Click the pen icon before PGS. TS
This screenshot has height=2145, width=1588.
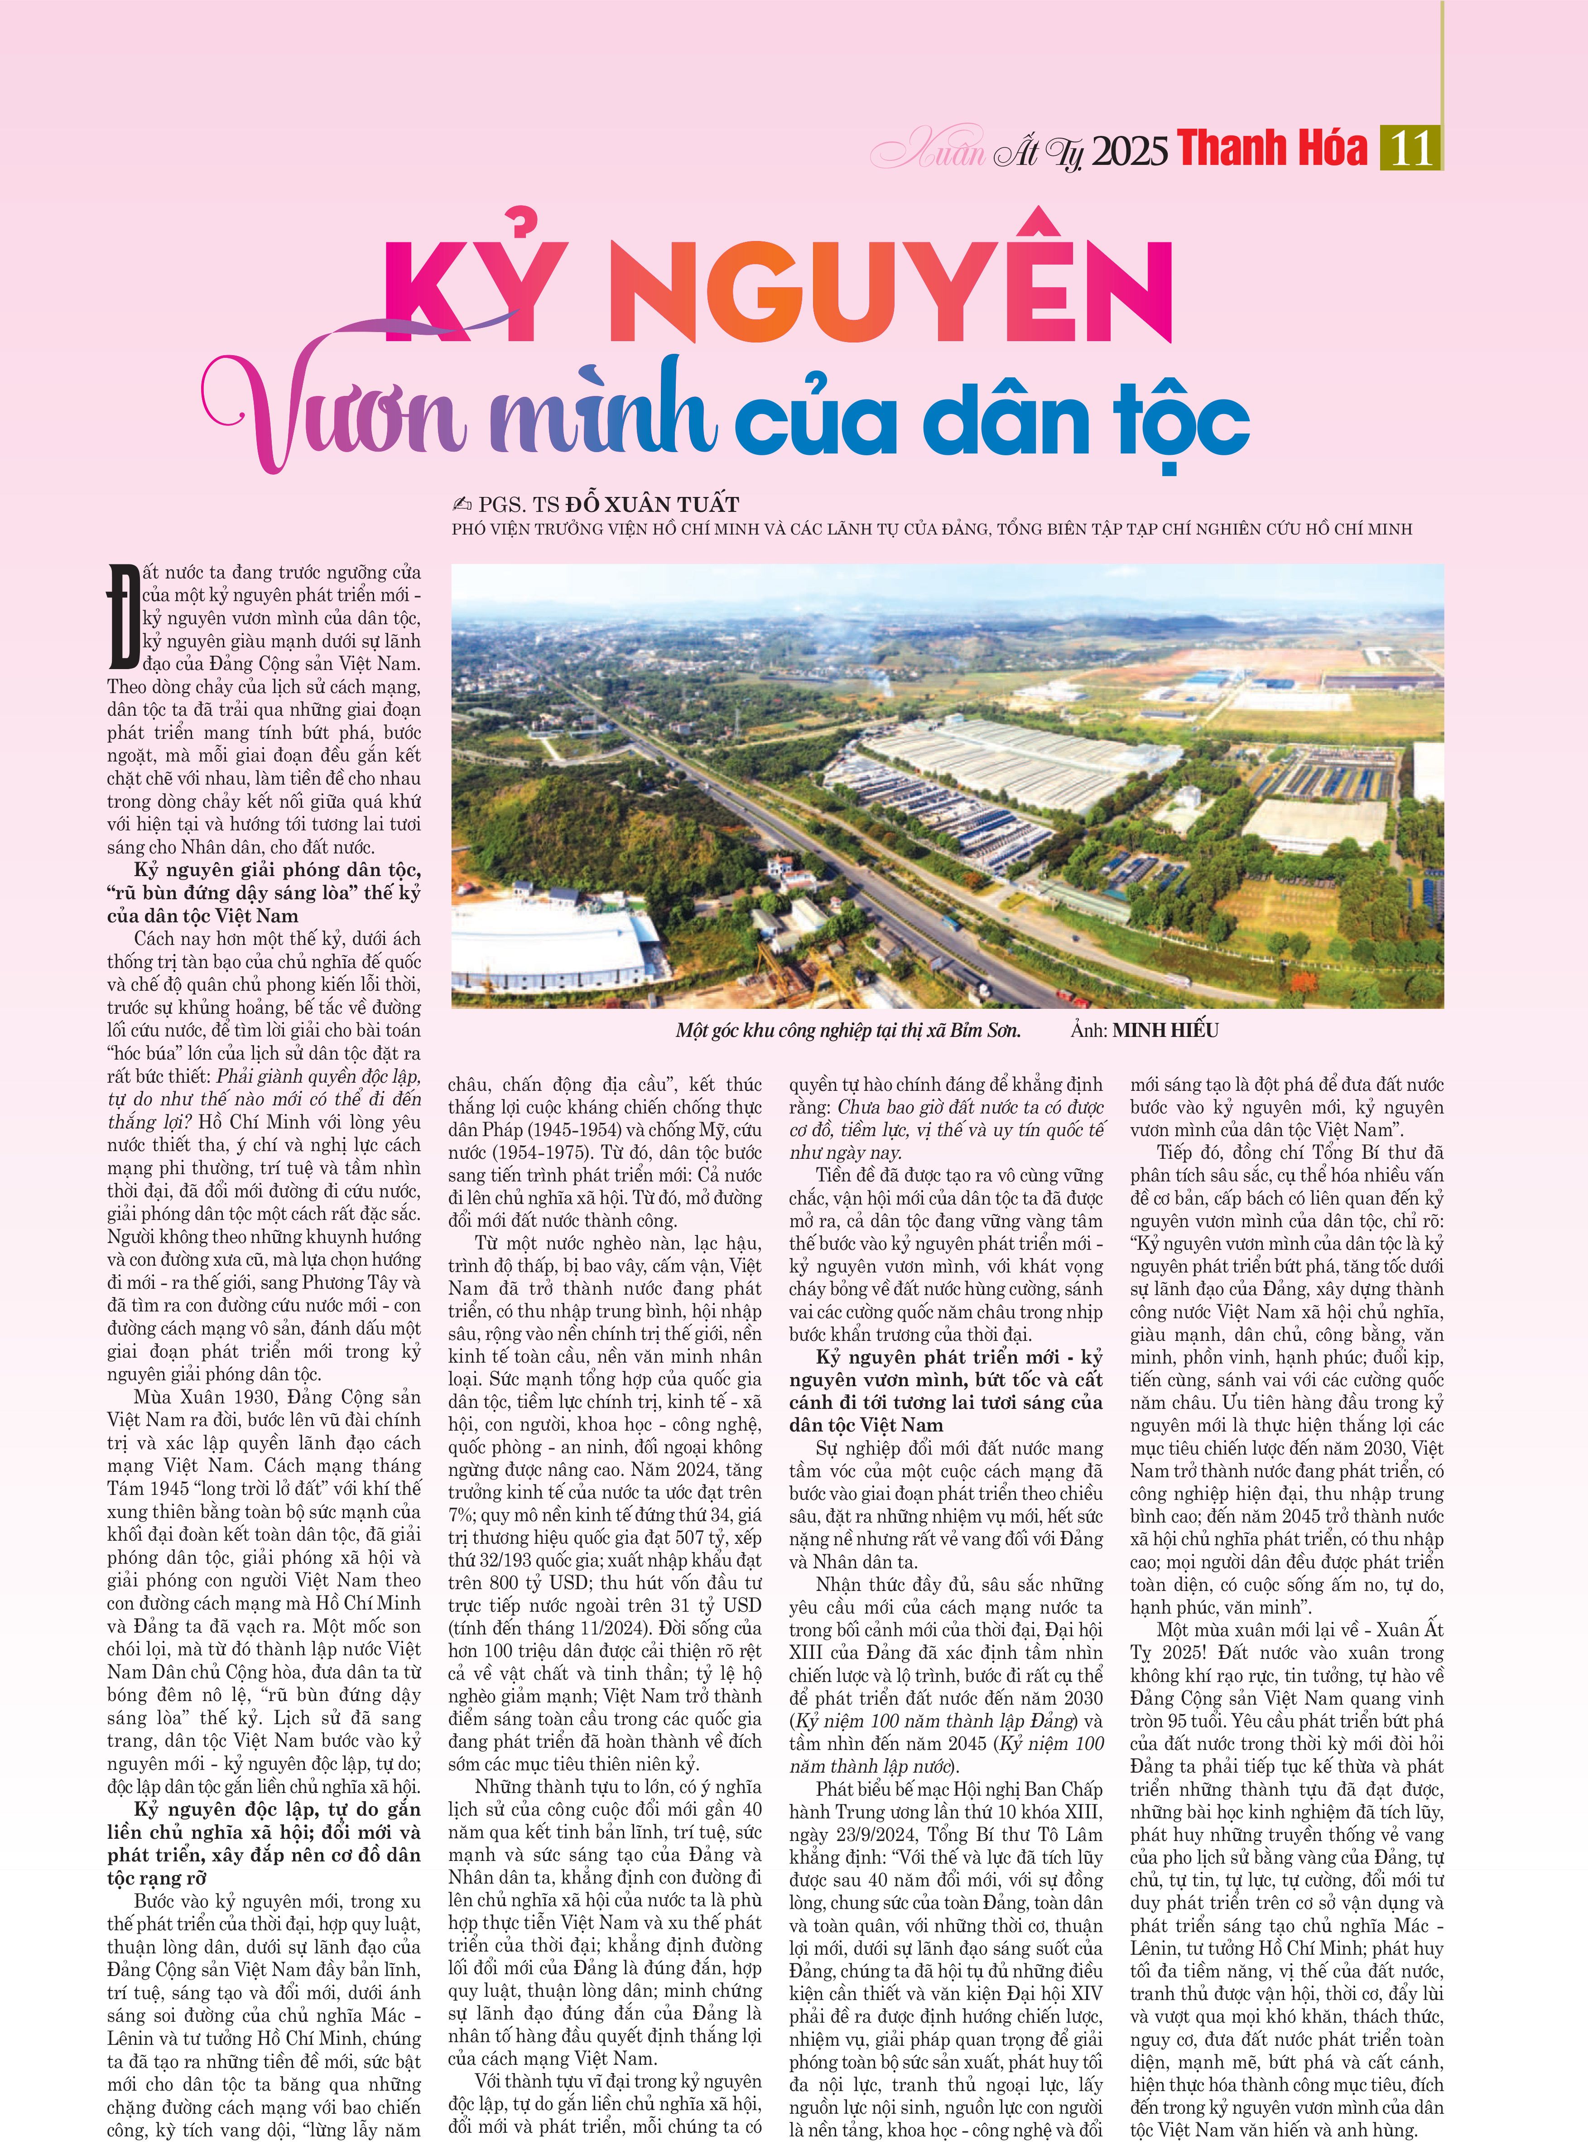pyautogui.click(x=462, y=504)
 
